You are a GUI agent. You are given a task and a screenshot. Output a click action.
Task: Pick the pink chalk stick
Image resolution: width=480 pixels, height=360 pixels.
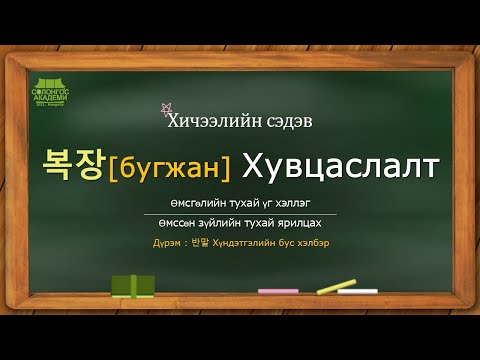point(278,291)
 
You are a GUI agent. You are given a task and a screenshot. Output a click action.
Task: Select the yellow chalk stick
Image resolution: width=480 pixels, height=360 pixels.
point(336,287)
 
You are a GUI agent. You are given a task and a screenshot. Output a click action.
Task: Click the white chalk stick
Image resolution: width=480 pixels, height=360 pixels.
point(359,291)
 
